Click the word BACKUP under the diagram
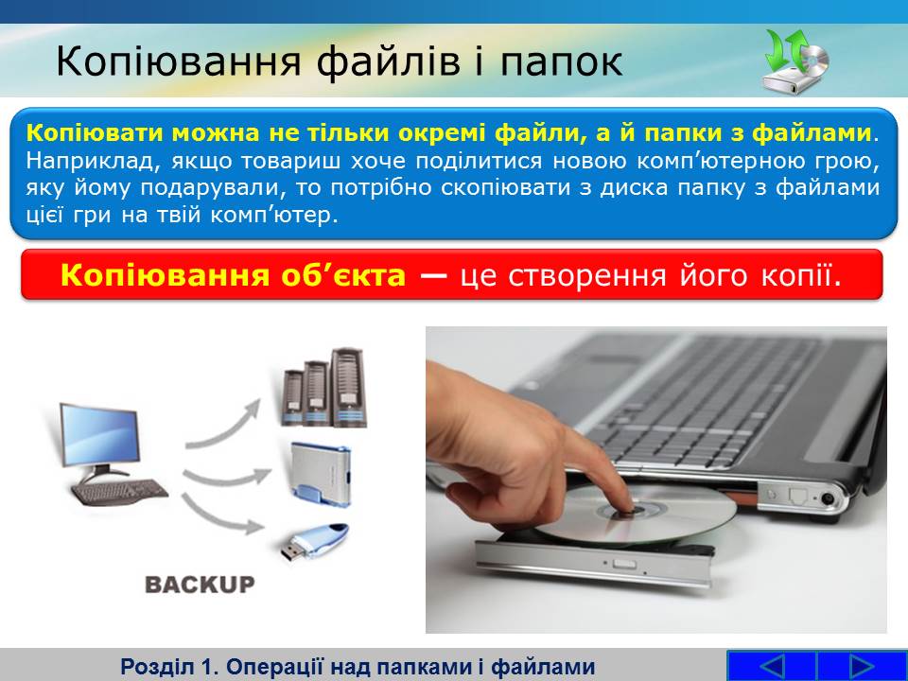200,585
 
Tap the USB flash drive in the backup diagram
315,540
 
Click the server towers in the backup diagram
323,388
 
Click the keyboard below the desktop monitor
119,492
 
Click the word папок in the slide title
561,62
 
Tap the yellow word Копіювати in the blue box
95,133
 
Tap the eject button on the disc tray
624,564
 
